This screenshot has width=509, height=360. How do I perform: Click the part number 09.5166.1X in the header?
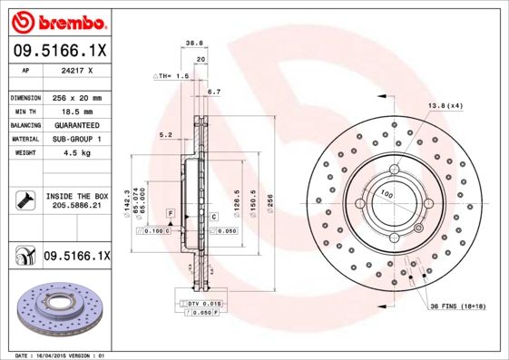click(58, 51)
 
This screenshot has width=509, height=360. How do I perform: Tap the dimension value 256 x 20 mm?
click(76, 97)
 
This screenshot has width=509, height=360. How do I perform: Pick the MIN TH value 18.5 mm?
click(76, 111)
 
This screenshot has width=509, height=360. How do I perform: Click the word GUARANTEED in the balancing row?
click(76, 124)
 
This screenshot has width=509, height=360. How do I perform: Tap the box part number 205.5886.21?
click(76, 206)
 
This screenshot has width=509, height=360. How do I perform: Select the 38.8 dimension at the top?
click(192, 42)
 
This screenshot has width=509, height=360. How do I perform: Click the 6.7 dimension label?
click(214, 92)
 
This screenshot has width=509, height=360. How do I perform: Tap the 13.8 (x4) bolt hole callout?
click(445, 106)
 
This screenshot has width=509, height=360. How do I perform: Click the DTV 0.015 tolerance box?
click(203, 302)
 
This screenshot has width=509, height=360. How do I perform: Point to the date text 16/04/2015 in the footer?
click(60, 355)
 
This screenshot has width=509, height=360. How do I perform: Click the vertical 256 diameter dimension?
click(269, 195)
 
